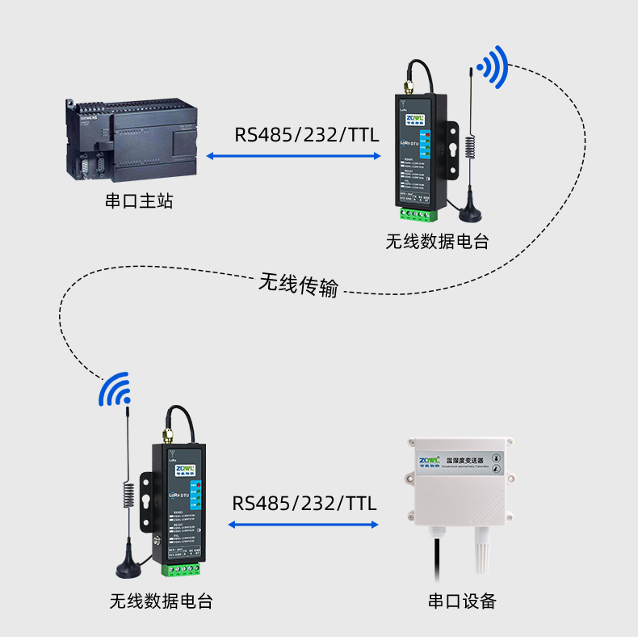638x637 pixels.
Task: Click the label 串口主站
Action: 139,201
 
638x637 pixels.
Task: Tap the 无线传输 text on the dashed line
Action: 298,285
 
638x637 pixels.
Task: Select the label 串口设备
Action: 462,601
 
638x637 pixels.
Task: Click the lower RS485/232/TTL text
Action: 304,503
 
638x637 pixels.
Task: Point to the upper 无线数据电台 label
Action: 437,241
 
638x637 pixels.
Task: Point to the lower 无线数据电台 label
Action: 162,601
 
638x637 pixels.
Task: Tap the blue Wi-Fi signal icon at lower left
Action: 114,390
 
